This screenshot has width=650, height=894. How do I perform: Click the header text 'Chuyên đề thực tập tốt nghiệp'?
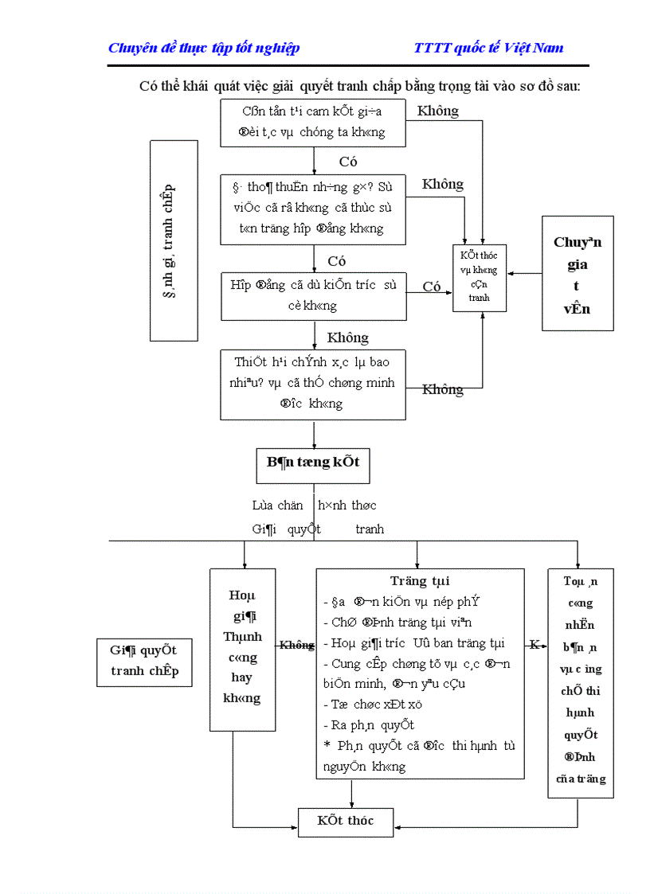[204, 48]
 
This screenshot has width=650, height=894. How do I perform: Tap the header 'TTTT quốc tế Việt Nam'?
[488, 48]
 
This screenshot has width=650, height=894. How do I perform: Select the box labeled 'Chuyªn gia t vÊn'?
[578, 273]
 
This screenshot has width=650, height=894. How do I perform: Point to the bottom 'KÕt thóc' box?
[346, 821]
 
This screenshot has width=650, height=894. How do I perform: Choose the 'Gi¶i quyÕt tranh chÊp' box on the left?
[144, 662]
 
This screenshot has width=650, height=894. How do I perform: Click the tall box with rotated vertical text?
[173, 240]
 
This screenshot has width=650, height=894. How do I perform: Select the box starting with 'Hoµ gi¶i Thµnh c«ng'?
[242, 649]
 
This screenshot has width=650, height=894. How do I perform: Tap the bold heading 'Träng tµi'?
[420, 582]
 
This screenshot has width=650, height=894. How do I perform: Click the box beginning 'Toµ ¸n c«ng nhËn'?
[581, 681]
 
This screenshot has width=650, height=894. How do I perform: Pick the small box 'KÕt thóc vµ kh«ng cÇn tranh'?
[479, 276]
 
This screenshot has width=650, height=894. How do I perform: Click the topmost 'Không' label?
[438, 111]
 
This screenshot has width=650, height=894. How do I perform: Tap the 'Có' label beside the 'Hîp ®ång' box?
[432, 287]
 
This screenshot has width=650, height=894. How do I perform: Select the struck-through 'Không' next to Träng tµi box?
[296, 646]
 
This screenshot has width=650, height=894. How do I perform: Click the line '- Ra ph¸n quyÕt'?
[369, 725]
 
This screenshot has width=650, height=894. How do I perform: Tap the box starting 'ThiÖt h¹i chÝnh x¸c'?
[313, 383]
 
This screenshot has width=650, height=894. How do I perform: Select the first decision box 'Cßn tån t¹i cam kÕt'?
[313, 122]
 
